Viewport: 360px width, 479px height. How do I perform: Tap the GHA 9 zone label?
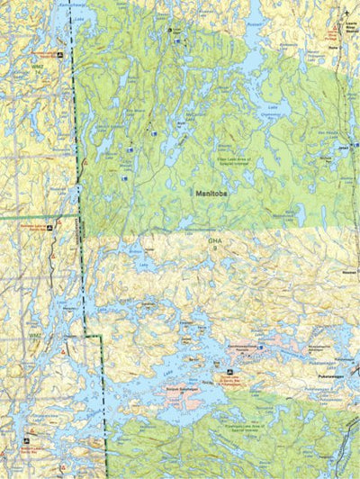[x=214, y=243]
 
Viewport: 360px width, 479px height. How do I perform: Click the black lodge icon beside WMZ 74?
[x=59, y=55]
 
